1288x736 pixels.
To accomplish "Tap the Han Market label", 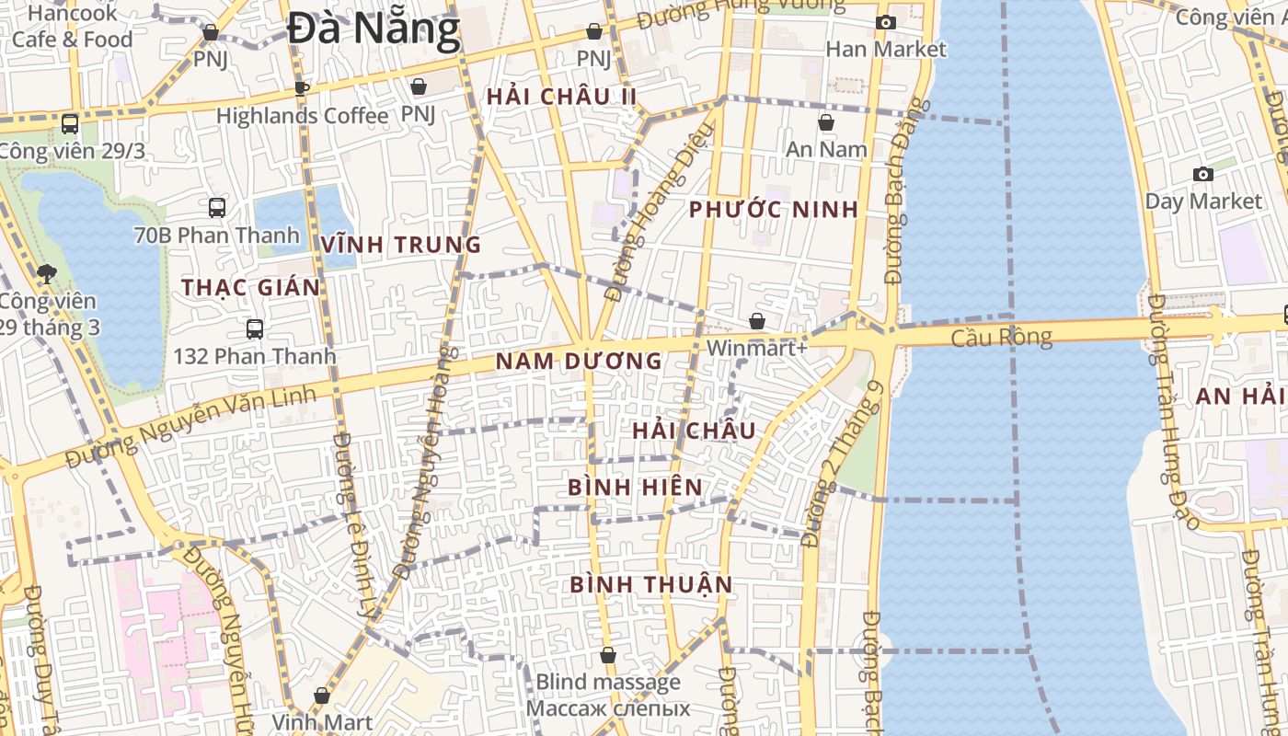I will (x=885, y=49).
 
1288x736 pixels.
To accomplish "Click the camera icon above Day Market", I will (x=1202, y=174).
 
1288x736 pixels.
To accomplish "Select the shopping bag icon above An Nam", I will (x=825, y=122).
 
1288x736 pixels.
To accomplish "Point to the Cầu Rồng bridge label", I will (x=1001, y=338).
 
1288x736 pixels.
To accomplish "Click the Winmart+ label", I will (x=756, y=349).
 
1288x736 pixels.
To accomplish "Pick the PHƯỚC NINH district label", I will (x=773, y=210).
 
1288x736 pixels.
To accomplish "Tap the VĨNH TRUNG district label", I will (x=401, y=245).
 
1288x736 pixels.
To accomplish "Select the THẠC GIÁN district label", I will (x=250, y=287).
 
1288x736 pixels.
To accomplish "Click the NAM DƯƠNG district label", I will (x=579, y=362).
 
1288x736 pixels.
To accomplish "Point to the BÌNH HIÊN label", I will (x=635, y=487).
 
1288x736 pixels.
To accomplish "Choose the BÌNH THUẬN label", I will (x=650, y=584).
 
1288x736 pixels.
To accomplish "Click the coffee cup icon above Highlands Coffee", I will (x=301, y=88).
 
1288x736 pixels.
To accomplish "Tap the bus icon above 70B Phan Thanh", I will (x=217, y=208).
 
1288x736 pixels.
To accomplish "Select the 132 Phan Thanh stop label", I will (x=252, y=355).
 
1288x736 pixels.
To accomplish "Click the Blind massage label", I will (x=607, y=682).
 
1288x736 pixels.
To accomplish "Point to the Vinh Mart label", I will (x=322, y=722).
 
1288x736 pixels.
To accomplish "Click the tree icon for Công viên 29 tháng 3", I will (x=46, y=273).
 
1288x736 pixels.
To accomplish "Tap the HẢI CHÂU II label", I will (x=561, y=97).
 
